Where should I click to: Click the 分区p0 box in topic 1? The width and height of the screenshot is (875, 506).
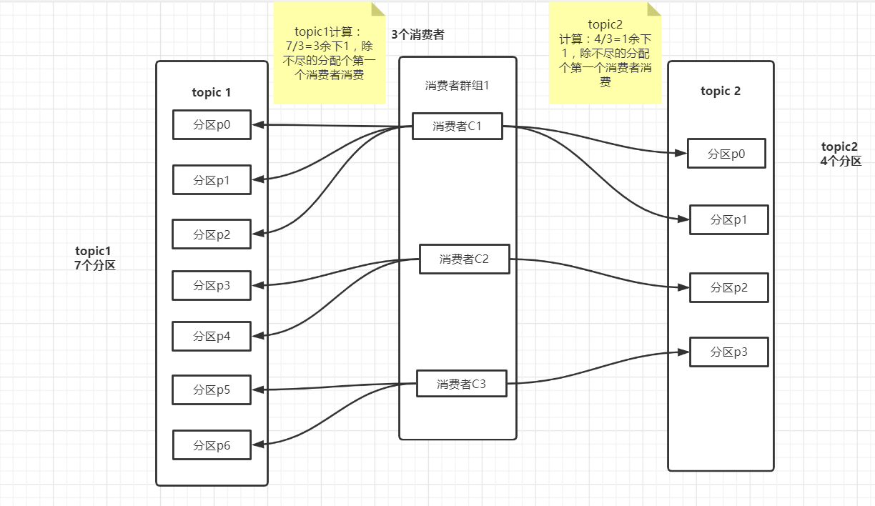pos(212,124)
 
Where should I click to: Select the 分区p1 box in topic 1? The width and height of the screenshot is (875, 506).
pos(212,179)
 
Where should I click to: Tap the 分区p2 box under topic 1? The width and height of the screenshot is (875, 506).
pos(212,234)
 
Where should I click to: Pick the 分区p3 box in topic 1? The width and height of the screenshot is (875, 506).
pos(212,285)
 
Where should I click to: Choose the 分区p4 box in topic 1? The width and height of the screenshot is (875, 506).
pos(212,336)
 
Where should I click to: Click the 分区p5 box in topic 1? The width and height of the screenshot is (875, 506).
pos(212,390)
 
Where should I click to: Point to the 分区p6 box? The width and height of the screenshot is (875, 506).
pos(212,445)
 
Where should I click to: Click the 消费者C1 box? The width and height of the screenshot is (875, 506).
pos(457,126)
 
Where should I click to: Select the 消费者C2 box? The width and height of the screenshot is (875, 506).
pos(464,259)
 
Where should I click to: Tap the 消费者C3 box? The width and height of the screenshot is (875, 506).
pos(461,384)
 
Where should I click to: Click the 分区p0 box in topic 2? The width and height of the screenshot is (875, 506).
pos(726,153)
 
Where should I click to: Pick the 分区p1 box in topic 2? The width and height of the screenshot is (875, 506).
pos(728,219)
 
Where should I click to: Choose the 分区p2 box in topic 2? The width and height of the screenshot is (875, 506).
pos(728,287)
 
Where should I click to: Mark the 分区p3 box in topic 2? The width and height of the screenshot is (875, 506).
pos(728,352)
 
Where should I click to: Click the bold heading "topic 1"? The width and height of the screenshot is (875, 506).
pos(212,92)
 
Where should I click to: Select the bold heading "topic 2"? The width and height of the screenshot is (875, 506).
pos(721,91)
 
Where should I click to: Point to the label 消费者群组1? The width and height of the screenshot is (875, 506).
pos(457,86)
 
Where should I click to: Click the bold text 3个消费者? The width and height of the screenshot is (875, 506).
pos(417,34)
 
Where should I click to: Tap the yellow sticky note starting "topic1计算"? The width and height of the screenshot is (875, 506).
pos(330,54)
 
